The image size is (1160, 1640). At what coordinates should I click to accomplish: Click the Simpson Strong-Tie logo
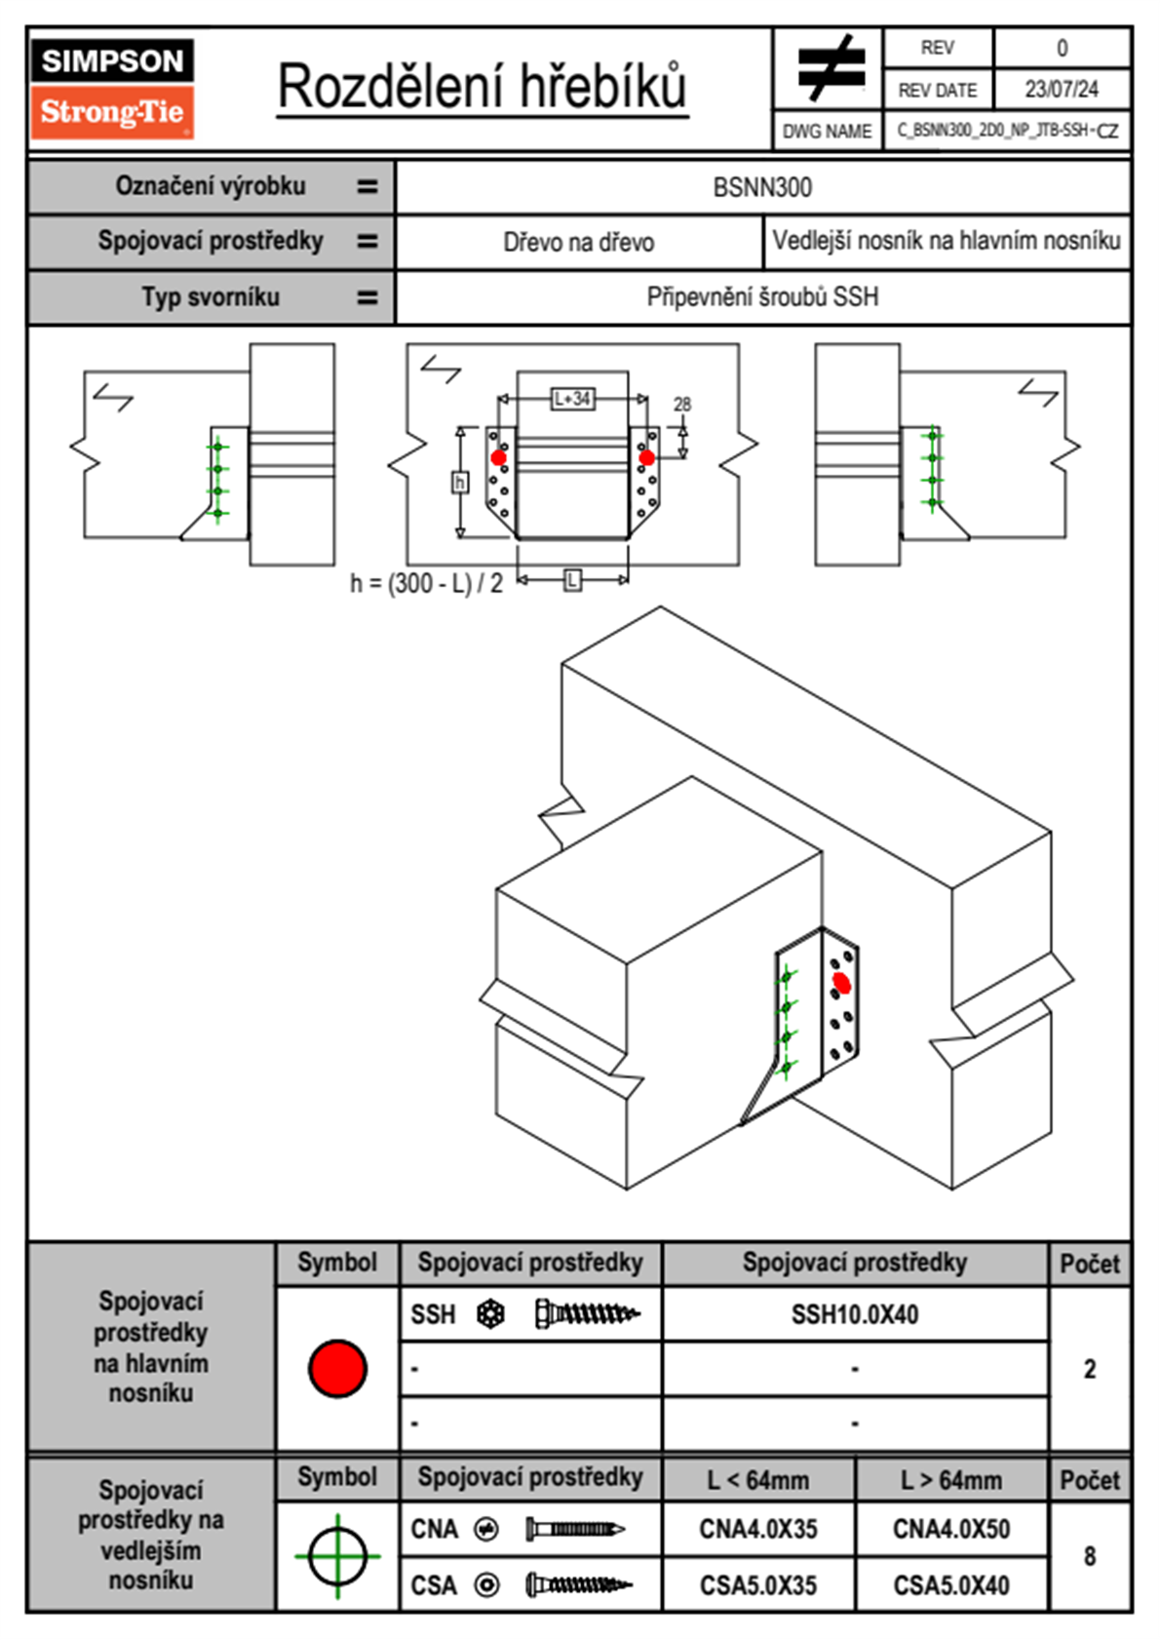click(x=112, y=88)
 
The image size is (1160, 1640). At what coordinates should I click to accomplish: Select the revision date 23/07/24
click(x=1061, y=90)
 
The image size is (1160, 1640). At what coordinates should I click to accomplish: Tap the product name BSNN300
click(x=762, y=187)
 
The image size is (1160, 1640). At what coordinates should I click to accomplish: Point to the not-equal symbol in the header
click(x=829, y=67)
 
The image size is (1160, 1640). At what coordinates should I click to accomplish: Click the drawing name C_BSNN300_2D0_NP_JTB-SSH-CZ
click(x=1007, y=131)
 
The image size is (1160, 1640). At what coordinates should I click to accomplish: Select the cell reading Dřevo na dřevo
click(x=578, y=243)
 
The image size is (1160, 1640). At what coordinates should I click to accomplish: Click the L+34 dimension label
click(x=572, y=399)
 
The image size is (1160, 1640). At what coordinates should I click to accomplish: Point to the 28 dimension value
click(x=682, y=404)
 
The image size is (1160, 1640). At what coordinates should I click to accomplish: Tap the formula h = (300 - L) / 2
click(x=426, y=583)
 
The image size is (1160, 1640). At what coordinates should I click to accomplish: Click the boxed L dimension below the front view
click(x=572, y=580)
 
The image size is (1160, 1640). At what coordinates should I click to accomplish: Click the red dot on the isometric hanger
click(x=841, y=984)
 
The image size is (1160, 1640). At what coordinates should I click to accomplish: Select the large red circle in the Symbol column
click(x=337, y=1368)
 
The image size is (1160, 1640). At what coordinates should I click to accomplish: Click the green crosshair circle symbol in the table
click(x=337, y=1556)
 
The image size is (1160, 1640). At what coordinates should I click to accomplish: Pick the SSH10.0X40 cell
click(x=854, y=1314)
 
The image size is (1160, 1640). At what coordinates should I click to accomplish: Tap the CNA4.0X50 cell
click(x=950, y=1529)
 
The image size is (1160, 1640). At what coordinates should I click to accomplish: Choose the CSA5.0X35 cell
click(x=757, y=1585)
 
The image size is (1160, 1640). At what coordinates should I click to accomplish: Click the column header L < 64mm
click(x=757, y=1480)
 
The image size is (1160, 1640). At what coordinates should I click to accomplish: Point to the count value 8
click(x=1089, y=1556)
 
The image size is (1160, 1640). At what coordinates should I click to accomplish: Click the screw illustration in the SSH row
click(x=587, y=1314)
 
